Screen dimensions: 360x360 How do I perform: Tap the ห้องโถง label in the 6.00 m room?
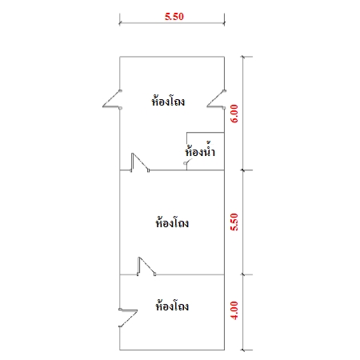click(x=168, y=100)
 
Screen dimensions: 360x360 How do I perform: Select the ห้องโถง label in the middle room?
click(x=172, y=222)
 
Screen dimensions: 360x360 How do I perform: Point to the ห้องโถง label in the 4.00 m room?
click(x=172, y=305)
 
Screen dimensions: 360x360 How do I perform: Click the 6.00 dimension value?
click(x=234, y=114)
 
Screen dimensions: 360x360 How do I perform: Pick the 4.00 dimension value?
click(x=234, y=310)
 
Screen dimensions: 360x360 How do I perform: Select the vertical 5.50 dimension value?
click(x=234, y=222)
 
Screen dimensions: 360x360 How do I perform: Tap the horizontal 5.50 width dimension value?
click(x=174, y=17)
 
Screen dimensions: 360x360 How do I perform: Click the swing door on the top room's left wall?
click(x=112, y=99)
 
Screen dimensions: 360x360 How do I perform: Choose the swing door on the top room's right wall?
click(x=216, y=99)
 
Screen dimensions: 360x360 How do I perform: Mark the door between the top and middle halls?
click(x=140, y=162)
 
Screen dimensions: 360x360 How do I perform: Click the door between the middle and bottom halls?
click(x=146, y=266)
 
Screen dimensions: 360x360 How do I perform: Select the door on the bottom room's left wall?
click(x=128, y=318)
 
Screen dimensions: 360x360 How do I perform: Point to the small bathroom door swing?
click(x=187, y=162)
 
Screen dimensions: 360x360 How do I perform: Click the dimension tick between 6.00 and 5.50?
click(x=242, y=170)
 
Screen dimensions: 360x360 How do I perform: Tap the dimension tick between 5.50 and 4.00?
click(x=242, y=274)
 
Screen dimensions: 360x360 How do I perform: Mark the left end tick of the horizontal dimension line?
click(x=119, y=23)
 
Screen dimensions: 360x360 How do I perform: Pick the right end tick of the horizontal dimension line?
click(x=224, y=23)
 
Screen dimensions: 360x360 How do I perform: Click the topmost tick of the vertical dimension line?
click(x=242, y=57)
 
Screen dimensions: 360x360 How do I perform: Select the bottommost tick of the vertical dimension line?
click(x=242, y=350)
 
